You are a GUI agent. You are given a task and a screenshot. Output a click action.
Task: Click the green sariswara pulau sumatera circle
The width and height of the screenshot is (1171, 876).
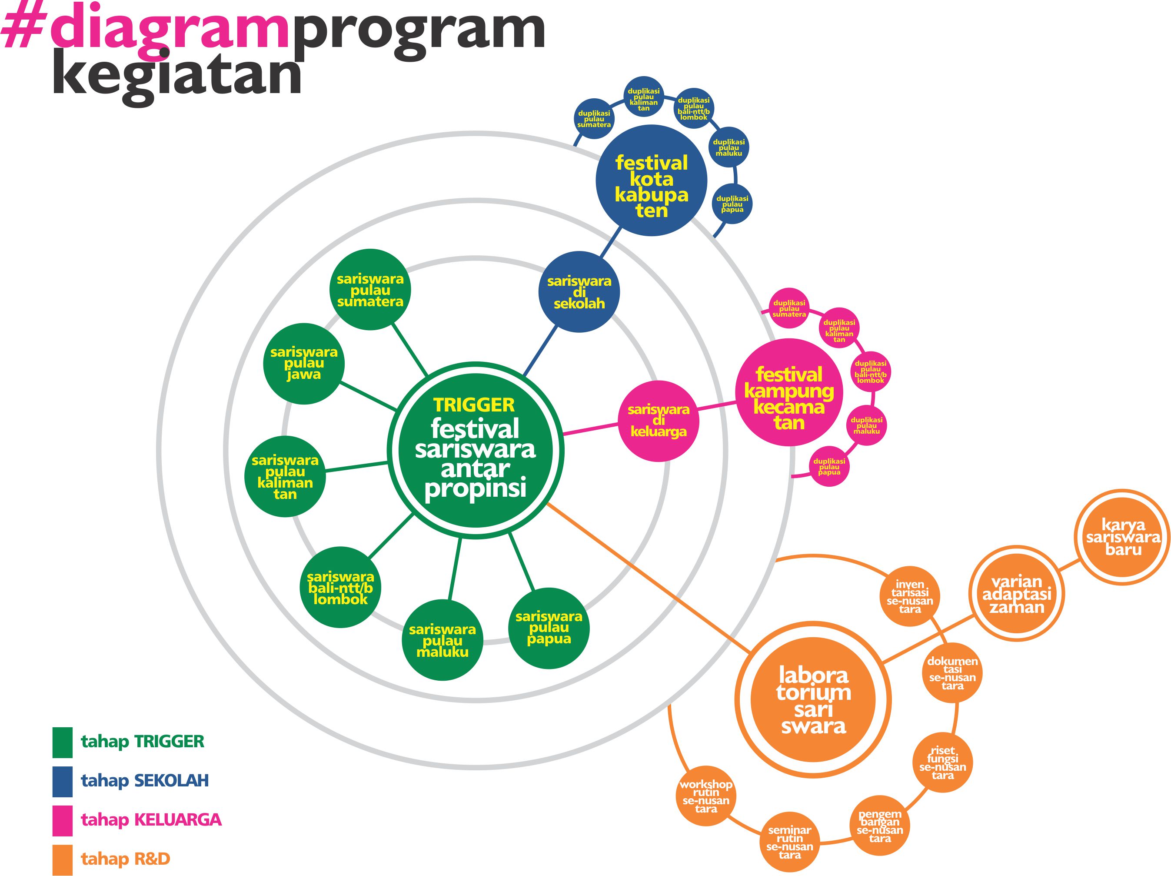click(x=370, y=290)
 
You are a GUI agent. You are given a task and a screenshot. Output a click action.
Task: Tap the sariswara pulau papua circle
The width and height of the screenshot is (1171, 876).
click(x=549, y=628)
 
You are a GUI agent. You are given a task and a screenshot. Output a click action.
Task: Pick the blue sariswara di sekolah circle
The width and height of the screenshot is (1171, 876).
click(x=579, y=292)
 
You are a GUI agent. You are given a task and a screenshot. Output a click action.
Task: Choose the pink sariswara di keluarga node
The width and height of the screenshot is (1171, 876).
click(x=659, y=421)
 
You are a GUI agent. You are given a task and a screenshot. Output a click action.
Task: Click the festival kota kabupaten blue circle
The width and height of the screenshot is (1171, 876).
click(x=651, y=181)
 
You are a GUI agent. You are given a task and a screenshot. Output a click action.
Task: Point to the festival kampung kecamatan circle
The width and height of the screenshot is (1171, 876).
click(x=789, y=392)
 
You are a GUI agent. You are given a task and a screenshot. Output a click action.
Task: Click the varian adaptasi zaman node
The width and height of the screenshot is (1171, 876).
click(x=1016, y=594)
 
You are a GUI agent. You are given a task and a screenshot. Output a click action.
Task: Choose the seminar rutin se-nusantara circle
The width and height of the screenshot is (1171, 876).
click(x=789, y=842)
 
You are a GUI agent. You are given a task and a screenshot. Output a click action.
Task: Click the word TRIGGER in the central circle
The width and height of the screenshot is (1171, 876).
click(x=474, y=405)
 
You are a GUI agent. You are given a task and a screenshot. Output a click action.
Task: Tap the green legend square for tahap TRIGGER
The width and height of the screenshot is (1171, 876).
click(x=63, y=742)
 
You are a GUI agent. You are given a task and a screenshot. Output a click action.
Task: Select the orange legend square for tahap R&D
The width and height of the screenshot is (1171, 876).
click(x=63, y=859)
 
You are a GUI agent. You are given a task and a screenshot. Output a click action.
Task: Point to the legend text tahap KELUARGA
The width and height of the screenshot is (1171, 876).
click(x=151, y=820)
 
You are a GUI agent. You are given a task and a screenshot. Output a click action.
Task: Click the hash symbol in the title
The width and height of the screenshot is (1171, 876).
click(x=22, y=29)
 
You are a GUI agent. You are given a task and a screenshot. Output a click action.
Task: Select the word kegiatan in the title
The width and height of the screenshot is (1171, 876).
click(x=177, y=75)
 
